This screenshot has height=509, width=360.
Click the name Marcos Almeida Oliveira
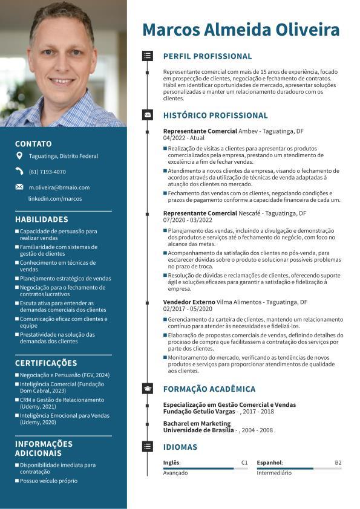(x=241, y=30)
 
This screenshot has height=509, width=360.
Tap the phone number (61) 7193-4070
(x=47, y=172)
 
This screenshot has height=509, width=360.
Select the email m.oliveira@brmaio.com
(x=59, y=187)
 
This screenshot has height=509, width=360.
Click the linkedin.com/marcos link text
(x=55, y=198)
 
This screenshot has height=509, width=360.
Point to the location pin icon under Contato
(x=19, y=156)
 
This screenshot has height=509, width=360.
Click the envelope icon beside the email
(x=19, y=187)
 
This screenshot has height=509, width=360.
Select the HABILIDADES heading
(x=42, y=219)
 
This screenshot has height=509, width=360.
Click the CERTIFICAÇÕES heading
(x=46, y=363)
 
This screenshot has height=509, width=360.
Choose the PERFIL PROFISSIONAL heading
(x=208, y=56)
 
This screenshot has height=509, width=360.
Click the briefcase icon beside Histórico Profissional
(x=147, y=115)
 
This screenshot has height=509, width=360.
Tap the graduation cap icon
(x=147, y=389)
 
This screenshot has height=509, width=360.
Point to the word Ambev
(x=248, y=131)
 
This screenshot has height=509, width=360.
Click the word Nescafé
(x=250, y=213)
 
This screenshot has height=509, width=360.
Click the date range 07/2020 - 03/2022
(x=188, y=221)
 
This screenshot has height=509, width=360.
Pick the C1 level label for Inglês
(x=244, y=462)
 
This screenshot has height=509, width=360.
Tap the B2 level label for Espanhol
(x=338, y=462)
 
